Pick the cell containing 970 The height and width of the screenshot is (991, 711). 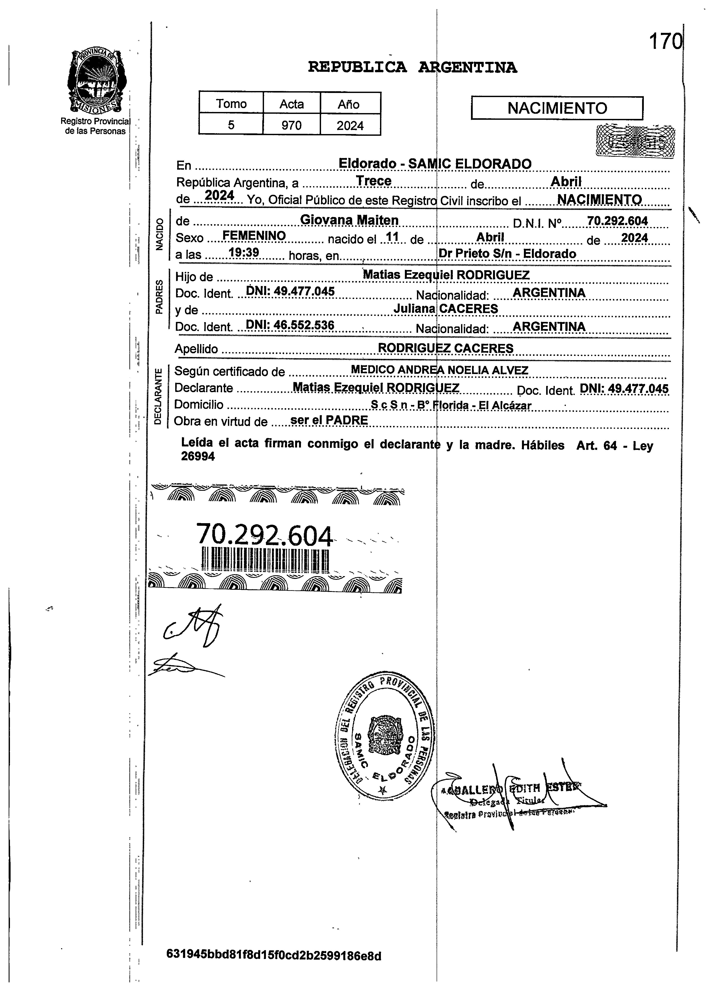pos(291,125)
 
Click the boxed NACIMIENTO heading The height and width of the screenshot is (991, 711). pos(557,108)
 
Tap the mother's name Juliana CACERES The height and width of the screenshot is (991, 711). pos(445,308)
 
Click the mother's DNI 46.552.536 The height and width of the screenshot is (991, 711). pos(290,325)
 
